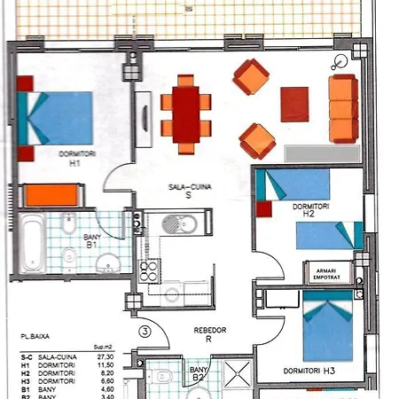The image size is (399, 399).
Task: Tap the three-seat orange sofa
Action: [x=341, y=102]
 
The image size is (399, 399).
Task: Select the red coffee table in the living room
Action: [x=294, y=103]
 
